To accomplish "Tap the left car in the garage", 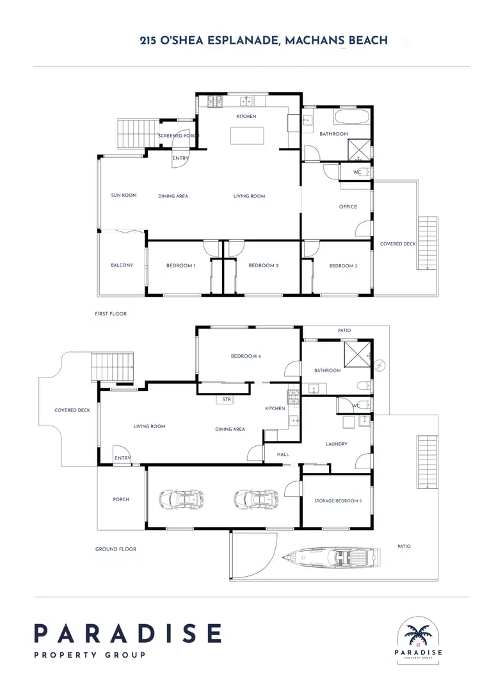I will pos(181,498).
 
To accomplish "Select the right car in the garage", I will pos(257,498).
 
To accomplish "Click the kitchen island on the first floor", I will pos(247,136).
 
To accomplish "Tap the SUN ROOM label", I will pos(124,195).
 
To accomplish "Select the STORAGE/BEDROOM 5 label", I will pos(337,501).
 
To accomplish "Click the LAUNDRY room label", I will pos(336,444).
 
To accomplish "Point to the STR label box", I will pos(226,400).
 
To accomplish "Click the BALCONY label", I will pos(122,265).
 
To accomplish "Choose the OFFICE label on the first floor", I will pos(348,207).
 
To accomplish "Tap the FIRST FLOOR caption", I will pos(111,314).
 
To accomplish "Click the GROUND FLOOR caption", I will pos(115,549).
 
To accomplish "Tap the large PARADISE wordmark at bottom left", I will pos(127,633).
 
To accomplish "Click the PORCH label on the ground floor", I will pos(121,499).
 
